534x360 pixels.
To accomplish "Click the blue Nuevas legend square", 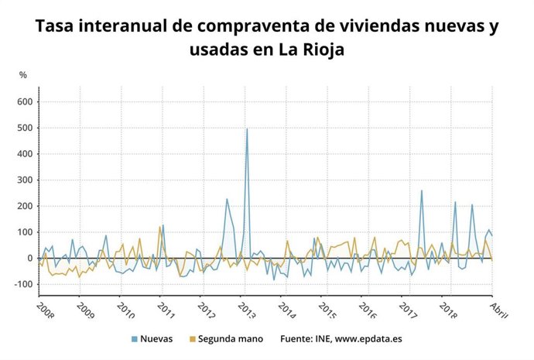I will point(134,338).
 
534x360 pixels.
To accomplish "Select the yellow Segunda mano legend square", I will point(191,338).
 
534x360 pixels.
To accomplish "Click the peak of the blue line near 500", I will point(247,129).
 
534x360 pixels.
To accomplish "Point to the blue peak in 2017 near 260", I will point(422,190).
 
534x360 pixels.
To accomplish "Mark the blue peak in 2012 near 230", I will point(227,199).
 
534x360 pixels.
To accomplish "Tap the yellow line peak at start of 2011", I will point(159,227).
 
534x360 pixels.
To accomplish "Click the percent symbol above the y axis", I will point(22,74).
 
